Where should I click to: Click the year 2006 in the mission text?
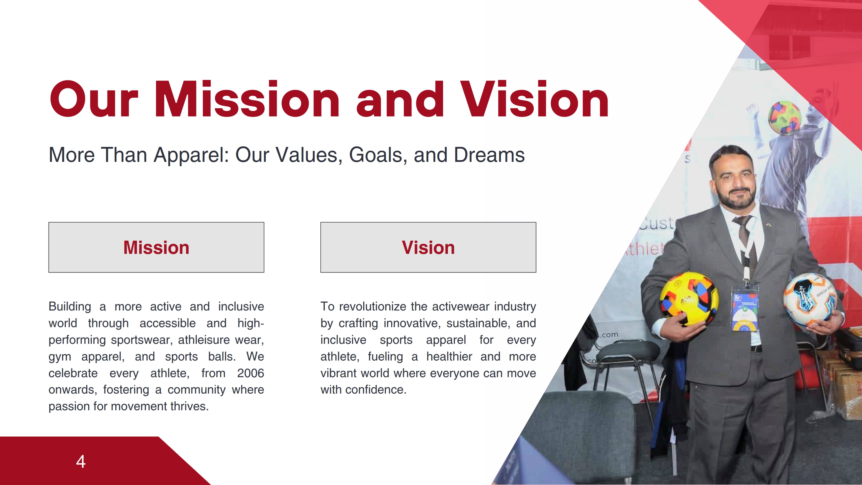(x=251, y=373)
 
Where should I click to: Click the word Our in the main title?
(x=94, y=99)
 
